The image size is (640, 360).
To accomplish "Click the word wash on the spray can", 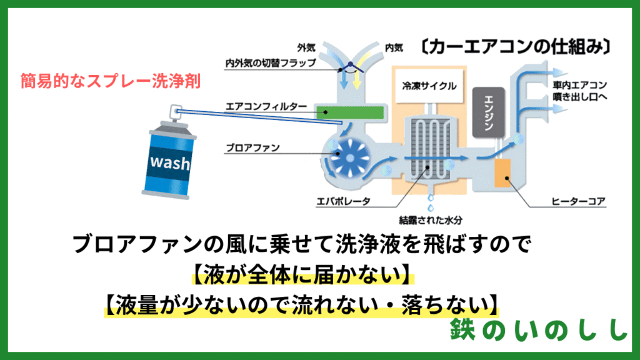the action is (x=170, y=162).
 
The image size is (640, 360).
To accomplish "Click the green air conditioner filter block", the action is (x=351, y=112).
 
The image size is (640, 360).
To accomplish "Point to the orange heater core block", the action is (x=502, y=173).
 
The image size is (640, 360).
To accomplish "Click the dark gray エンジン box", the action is (x=489, y=112).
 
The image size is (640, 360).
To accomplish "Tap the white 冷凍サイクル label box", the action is (x=429, y=86).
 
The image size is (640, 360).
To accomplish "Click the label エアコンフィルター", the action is (x=266, y=106).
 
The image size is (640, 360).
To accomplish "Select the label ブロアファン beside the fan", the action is (x=252, y=147).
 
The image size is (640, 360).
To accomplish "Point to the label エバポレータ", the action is (x=344, y=201).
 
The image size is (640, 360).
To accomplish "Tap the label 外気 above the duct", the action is (x=306, y=47).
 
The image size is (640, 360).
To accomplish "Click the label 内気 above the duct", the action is (x=394, y=47).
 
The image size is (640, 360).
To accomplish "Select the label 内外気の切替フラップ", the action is (x=271, y=63).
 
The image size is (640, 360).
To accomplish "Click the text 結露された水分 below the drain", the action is (x=431, y=221).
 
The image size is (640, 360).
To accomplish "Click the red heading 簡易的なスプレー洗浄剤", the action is (x=111, y=81).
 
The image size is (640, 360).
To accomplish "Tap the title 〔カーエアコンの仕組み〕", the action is (x=516, y=47).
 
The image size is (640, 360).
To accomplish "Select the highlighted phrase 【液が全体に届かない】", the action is (x=303, y=274).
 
